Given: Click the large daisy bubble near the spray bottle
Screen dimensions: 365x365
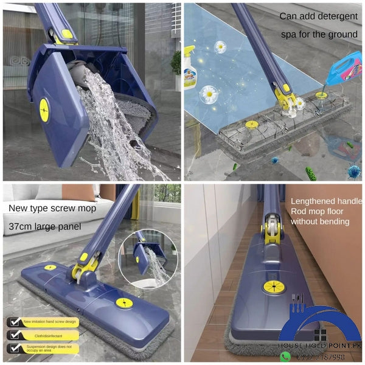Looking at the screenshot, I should (209, 94).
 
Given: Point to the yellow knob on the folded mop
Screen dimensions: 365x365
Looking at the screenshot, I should (44, 109).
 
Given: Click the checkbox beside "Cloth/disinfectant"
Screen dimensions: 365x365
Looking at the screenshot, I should (13, 335).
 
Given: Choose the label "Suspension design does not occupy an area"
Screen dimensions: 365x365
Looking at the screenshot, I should (50, 349).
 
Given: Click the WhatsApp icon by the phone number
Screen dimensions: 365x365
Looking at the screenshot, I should (285, 356).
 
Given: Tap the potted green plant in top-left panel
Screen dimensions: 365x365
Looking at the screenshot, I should (176, 63).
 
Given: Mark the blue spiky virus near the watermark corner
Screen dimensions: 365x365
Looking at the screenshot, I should (353, 171).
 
